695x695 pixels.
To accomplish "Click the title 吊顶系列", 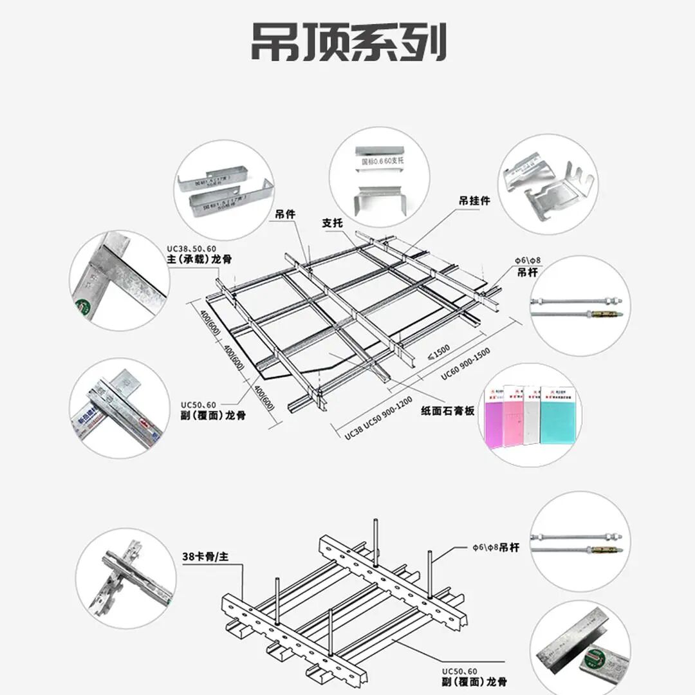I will coord(348,43).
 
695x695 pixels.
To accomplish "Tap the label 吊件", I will coord(285,214).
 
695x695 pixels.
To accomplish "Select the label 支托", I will coord(332,223).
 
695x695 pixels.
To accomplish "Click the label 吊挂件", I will coord(474,201).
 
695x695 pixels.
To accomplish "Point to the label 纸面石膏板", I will coord(448,410).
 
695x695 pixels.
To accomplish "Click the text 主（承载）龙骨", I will coord(199,259).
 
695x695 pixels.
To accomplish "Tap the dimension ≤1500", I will coord(440,353).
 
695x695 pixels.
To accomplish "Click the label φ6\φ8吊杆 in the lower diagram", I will coord(496,548).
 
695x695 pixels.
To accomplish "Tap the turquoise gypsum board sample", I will coord(557,415).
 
